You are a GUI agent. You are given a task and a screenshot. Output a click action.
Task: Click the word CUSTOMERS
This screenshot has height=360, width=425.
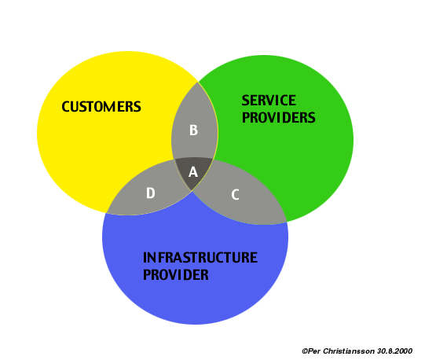click(x=101, y=107)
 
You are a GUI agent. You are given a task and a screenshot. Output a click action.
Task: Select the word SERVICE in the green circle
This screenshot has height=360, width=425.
click(x=269, y=101)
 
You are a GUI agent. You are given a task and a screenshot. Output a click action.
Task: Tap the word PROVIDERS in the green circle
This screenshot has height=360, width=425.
click(x=279, y=117)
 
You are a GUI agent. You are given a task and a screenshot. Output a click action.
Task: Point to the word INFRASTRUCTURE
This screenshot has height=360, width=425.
click(x=200, y=258)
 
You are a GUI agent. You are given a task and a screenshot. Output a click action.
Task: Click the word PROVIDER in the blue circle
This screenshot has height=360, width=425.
click(x=176, y=274)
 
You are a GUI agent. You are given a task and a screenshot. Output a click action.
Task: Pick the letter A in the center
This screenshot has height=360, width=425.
click(x=193, y=172)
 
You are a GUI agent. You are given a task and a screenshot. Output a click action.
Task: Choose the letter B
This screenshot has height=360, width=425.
click(x=193, y=130)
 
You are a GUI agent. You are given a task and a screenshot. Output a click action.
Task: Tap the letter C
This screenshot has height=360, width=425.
click(x=235, y=195)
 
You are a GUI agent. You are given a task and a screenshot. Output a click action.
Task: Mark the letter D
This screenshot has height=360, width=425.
click(x=151, y=193)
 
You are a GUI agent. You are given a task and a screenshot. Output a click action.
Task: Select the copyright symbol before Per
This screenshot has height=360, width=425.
click(x=305, y=351)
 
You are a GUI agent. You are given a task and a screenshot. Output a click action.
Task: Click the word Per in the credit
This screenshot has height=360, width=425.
click(x=314, y=351)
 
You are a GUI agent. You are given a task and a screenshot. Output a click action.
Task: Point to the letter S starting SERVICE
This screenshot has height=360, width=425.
click(x=245, y=101)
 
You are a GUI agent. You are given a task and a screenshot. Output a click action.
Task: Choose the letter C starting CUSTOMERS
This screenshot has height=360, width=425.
click(x=65, y=107)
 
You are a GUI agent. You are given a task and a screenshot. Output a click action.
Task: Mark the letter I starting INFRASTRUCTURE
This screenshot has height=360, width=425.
click(x=145, y=258)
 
